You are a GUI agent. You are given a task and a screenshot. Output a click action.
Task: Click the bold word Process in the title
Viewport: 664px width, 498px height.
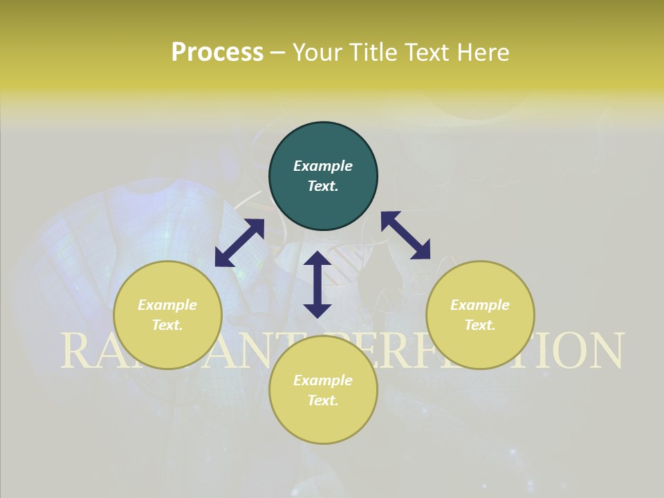pos(217,52)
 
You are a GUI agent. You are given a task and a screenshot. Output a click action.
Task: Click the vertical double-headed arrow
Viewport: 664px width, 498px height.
pos(317,284)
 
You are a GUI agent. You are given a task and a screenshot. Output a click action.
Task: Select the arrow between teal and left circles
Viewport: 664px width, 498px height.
pos(240,242)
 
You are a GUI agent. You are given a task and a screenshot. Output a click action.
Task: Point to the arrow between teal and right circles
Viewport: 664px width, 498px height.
pos(405,235)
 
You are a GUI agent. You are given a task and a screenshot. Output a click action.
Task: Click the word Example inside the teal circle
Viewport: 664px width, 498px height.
pos(323,166)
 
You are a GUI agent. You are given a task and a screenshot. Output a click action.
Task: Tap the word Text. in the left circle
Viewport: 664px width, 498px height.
pos(167,325)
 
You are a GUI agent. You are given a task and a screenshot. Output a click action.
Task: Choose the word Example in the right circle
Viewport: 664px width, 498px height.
pos(480,305)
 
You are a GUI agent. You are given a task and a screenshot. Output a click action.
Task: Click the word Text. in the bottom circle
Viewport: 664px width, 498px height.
pos(323,400)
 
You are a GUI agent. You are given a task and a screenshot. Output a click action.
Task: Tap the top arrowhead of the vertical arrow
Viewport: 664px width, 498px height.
pos(317,259)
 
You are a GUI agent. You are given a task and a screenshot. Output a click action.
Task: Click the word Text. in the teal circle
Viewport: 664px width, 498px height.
pos(323,186)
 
